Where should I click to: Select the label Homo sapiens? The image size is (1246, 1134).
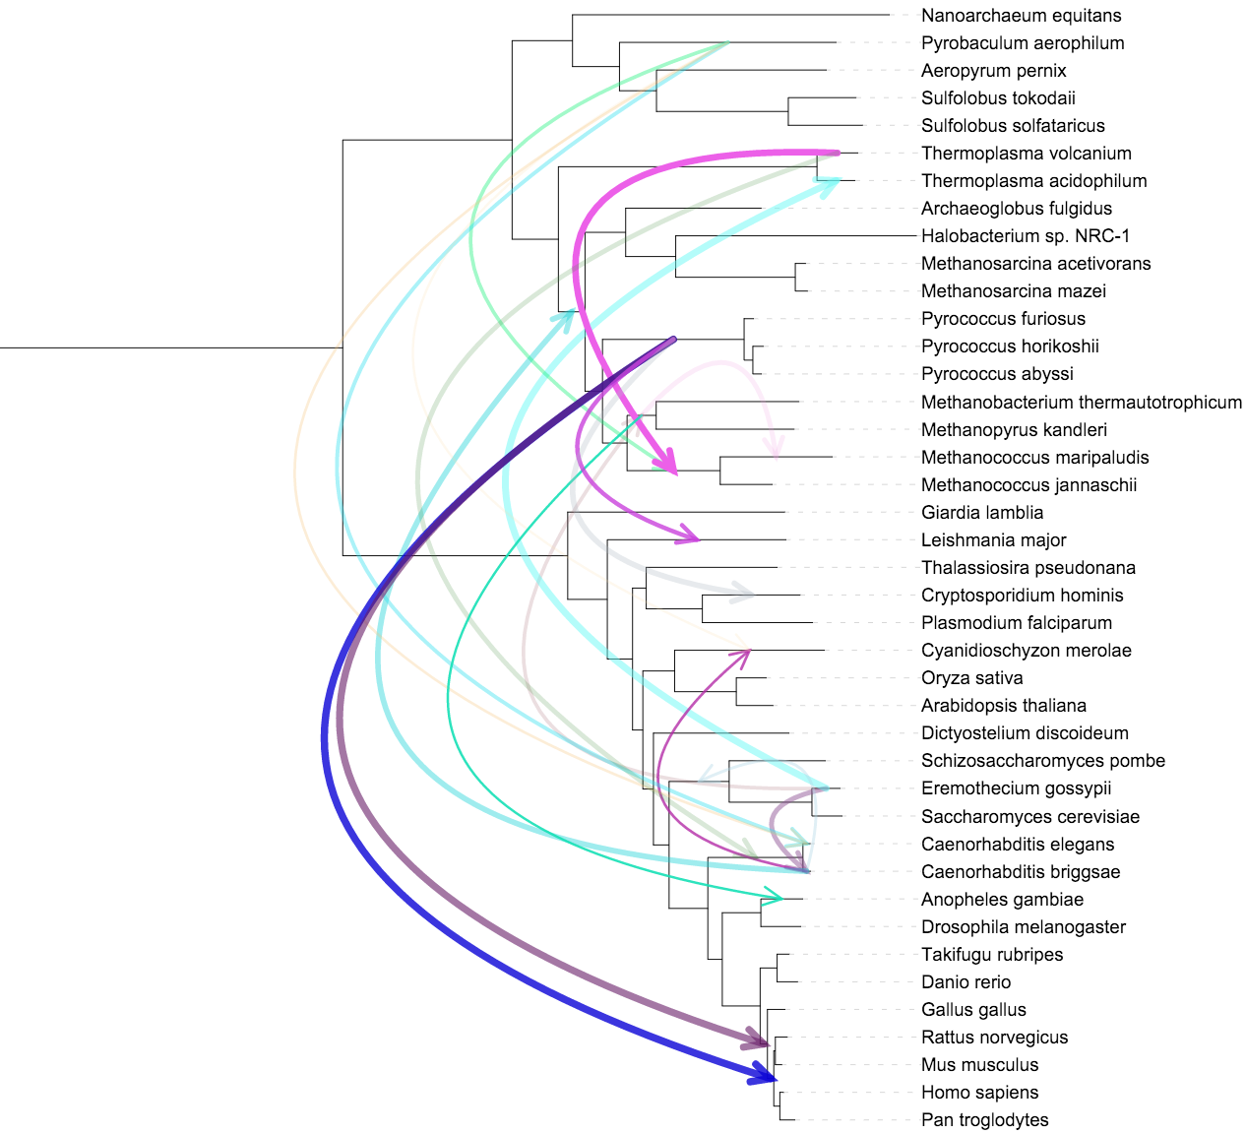pos(979,1093)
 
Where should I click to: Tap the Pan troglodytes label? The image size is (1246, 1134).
pos(984,1120)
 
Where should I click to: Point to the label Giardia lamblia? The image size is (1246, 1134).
pos(982,513)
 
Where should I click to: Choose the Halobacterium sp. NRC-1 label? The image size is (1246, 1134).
pos(1025,236)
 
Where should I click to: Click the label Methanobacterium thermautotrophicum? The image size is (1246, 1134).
pos(1081,403)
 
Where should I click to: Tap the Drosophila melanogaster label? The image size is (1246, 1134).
pos(1023,927)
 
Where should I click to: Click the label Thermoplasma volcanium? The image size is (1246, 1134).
pos(1026,154)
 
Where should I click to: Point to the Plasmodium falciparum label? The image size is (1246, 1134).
pos(1016,623)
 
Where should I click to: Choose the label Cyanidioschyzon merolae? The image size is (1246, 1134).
pos(1026,651)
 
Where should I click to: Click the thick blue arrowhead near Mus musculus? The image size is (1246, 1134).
pos(763,1074)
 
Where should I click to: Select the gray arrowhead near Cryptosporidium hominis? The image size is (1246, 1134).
pos(744,594)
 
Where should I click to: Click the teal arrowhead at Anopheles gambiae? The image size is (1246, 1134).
pos(773,896)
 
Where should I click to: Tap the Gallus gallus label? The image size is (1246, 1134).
pos(973,1010)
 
